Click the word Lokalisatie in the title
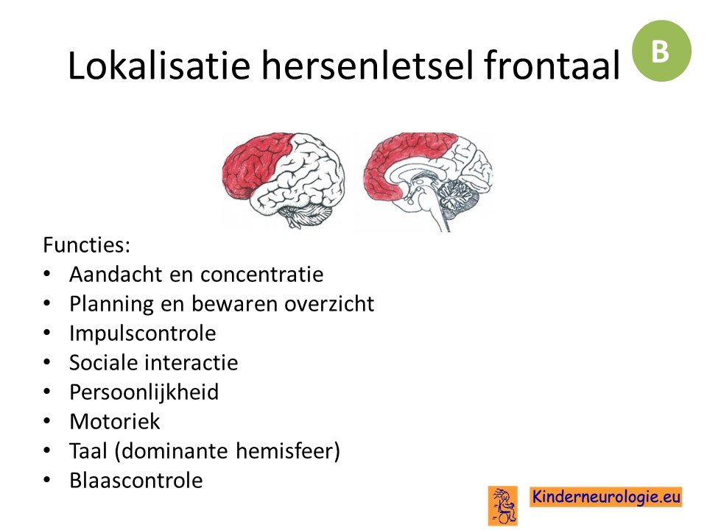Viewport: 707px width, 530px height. (x=159, y=66)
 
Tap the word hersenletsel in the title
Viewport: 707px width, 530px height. (x=367, y=66)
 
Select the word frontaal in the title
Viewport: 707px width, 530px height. (x=552, y=66)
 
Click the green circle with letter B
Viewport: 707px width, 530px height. (x=661, y=51)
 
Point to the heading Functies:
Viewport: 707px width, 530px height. (x=87, y=246)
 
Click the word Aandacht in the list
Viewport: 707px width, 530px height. (x=116, y=275)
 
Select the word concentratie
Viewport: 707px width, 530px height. (x=261, y=275)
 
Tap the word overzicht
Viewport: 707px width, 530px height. (x=329, y=304)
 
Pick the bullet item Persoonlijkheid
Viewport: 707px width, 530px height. (x=144, y=392)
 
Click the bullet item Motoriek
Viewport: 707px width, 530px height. (x=115, y=422)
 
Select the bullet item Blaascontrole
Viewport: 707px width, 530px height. (x=136, y=481)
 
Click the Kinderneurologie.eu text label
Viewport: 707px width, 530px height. (x=605, y=497)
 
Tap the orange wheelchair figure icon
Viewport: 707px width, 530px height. (x=503, y=506)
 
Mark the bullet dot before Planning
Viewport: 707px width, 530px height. (x=47, y=304)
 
